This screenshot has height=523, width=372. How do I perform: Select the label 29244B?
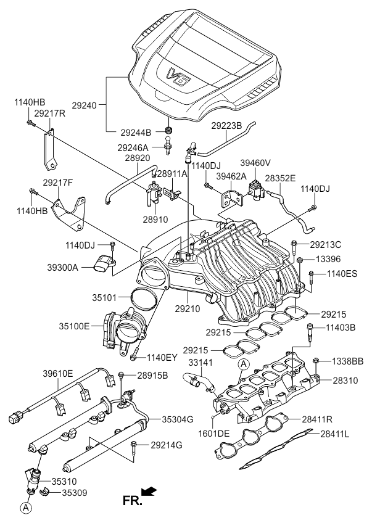pos(136,132)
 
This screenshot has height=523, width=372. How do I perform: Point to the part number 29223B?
pos(226,125)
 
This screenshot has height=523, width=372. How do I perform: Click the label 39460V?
pos(255,163)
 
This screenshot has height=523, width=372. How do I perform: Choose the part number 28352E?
pos(281,177)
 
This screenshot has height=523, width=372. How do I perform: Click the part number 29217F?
pos(58,183)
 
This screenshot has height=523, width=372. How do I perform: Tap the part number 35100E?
pos(74,325)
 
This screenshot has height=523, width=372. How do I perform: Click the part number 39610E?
pos(58,374)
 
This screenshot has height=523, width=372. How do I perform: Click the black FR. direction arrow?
pos(149,491)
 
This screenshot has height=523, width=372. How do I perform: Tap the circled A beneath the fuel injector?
pos(25,508)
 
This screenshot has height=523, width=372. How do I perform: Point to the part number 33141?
pos(200,363)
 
